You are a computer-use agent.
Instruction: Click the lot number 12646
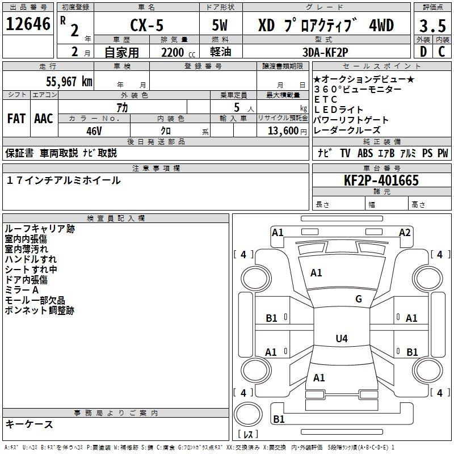pyautogui.click(x=28, y=24)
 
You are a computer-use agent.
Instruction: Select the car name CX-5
pyautogui.click(x=147, y=25)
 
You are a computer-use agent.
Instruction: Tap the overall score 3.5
pyautogui.click(x=432, y=26)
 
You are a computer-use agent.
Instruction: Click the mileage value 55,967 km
pyautogui.click(x=69, y=81)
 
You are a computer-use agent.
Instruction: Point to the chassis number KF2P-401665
pyautogui.click(x=381, y=180)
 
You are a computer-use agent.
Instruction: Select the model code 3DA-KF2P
pyautogui.click(x=325, y=52)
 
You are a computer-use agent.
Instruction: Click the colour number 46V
pyautogui.click(x=94, y=131)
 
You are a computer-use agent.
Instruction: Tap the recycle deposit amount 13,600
pyautogui.click(x=283, y=131)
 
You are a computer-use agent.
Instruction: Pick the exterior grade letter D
pyautogui.click(x=423, y=52)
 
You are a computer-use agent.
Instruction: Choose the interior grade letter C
pyautogui.click(x=442, y=52)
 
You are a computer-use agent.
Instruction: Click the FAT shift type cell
pyautogui.click(x=16, y=119)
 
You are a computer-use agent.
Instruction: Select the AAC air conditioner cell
pyautogui.click(x=44, y=119)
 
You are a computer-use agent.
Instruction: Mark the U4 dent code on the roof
pyautogui.click(x=342, y=338)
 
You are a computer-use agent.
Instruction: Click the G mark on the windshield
pyautogui.click(x=359, y=299)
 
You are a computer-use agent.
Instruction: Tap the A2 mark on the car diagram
pyautogui.click(x=405, y=233)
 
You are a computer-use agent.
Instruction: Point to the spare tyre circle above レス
pyautogui.click(x=248, y=414)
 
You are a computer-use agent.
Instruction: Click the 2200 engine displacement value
pyautogui.click(x=173, y=52)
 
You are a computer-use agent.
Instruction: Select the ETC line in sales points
pyautogui.click(x=326, y=99)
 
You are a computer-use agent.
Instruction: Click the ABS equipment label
pyautogui.click(x=365, y=153)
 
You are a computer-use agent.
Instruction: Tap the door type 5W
pyautogui.click(x=220, y=25)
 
